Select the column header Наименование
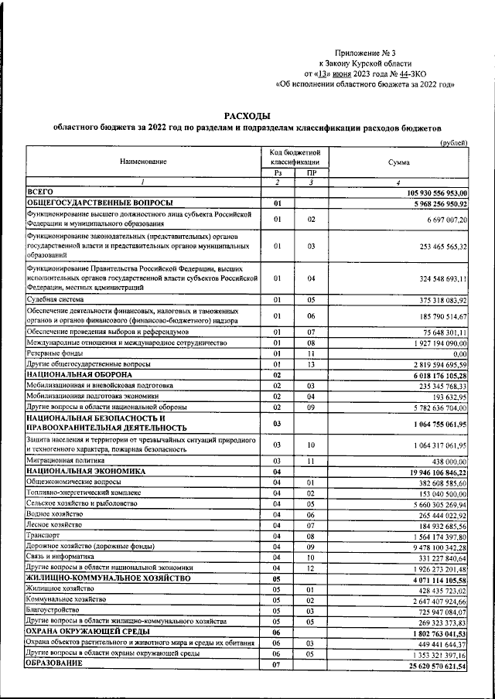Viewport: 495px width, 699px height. coord(143,162)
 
